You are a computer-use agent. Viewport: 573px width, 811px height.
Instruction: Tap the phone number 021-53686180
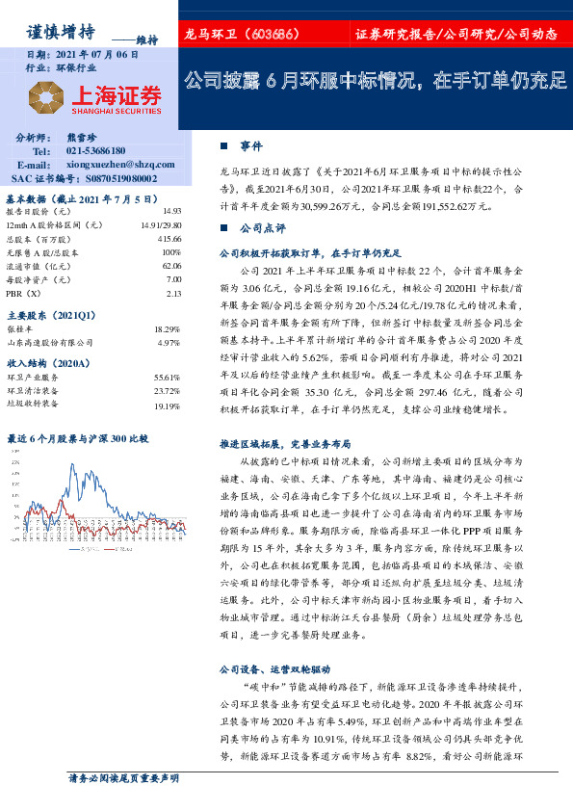click(96, 151)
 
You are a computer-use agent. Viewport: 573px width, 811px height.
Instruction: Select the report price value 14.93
click(172, 210)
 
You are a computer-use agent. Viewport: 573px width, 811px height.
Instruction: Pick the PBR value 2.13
click(173, 293)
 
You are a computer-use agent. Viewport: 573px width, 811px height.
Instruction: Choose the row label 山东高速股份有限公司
click(50, 342)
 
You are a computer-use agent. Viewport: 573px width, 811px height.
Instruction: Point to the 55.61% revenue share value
click(168, 378)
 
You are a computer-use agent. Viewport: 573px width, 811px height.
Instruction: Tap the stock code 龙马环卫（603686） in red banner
click(244, 35)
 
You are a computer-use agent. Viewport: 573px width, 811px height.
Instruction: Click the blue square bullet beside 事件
click(223, 145)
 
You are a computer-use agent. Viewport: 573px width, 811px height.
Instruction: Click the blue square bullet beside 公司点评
click(223, 229)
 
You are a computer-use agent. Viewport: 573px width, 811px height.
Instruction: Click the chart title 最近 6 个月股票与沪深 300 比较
click(77, 438)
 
